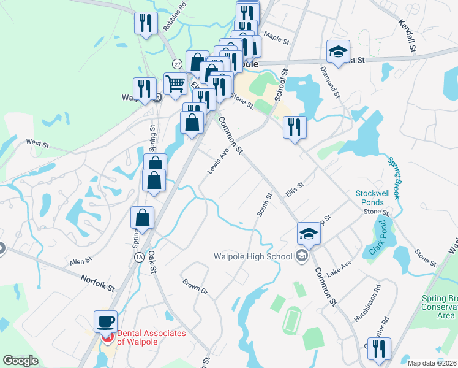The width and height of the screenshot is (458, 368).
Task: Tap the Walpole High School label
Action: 253,256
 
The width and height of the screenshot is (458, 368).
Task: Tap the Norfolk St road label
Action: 97,283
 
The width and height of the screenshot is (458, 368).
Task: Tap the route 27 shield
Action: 177,63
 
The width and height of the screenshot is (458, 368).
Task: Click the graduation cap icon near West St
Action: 337,52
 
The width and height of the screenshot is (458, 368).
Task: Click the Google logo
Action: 20,361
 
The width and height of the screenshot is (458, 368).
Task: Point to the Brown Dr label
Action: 195,286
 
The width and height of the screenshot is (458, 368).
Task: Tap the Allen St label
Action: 80,261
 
